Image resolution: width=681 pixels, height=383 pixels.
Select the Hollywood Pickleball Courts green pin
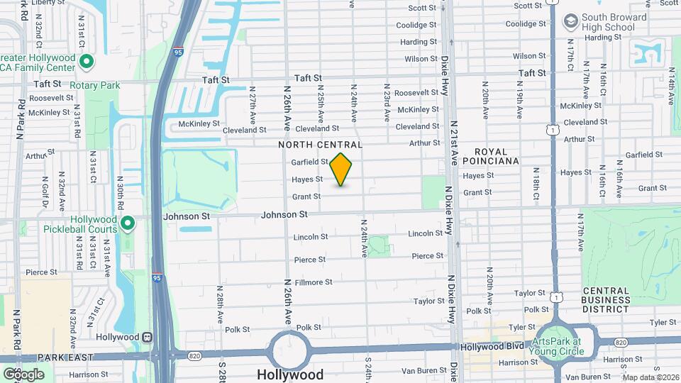(128, 224)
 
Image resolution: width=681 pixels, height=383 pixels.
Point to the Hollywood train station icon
(148, 337)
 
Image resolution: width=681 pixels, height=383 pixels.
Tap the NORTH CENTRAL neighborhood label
(320, 145)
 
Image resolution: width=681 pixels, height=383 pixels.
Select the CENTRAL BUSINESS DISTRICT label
(606, 300)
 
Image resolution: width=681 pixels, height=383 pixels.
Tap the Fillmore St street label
(314, 282)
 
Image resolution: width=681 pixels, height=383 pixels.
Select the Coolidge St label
(416, 25)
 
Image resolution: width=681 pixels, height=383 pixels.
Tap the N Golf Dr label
(44, 194)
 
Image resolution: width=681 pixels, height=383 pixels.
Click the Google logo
(23, 374)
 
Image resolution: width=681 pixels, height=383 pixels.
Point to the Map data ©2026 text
(650, 377)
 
